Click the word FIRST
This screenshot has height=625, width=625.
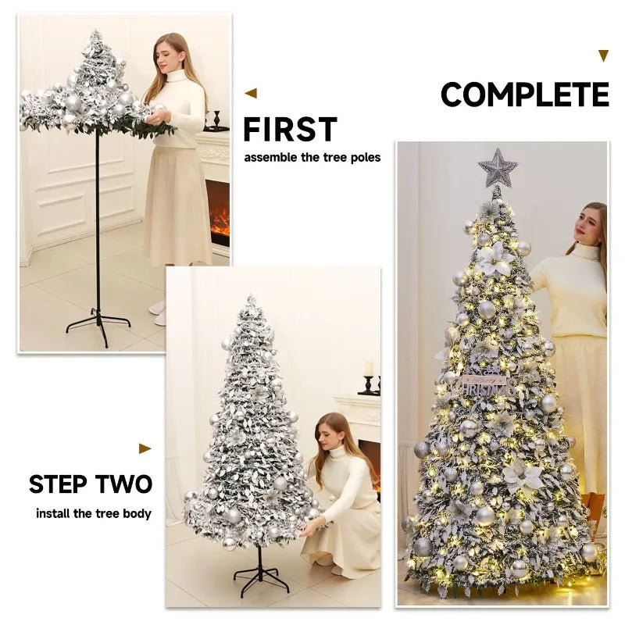[x=290, y=130]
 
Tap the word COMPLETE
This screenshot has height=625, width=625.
[x=524, y=95]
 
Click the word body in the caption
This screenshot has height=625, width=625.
[x=137, y=513]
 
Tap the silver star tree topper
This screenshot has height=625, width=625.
[x=498, y=167]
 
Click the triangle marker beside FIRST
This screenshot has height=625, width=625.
[x=251, y=93]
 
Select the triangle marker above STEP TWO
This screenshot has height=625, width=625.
[x=145, y=448]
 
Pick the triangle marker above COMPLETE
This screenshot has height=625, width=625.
[x=602, y=55]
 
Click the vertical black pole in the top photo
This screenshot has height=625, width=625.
[x=98, y=219]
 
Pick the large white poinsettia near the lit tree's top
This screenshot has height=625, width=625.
[x=495, y=259]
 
